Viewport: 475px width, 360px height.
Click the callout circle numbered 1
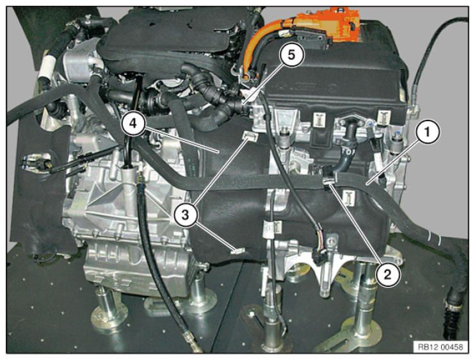427,132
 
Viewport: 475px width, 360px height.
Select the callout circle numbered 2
388,274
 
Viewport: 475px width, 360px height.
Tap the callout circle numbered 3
186,215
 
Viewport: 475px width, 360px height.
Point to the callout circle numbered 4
133,123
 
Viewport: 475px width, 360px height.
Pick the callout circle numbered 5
291,55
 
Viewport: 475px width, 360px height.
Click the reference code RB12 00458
441,347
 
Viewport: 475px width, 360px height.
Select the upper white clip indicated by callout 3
250,136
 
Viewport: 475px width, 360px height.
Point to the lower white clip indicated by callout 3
237,250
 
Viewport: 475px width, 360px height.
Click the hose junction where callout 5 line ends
244,107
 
